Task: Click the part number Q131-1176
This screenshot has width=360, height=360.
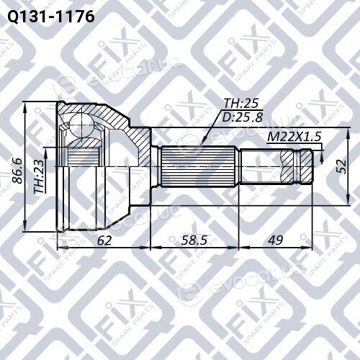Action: tap(51, 17)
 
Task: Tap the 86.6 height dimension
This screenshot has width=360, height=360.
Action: tap(17, 171)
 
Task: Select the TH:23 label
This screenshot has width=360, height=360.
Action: tap(40, 176)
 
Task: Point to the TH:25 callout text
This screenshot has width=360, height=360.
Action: tap(241, 103)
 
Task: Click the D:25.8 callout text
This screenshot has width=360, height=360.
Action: tap(243, 117)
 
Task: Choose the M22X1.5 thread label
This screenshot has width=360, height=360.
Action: tap(294, 137)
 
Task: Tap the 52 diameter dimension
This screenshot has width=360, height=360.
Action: tap(341, 166)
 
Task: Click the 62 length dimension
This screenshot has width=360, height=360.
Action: tap(104, 240)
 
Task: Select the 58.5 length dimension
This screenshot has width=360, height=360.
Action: tap(194, 240)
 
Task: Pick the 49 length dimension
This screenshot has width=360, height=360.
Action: tap(276, 240)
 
